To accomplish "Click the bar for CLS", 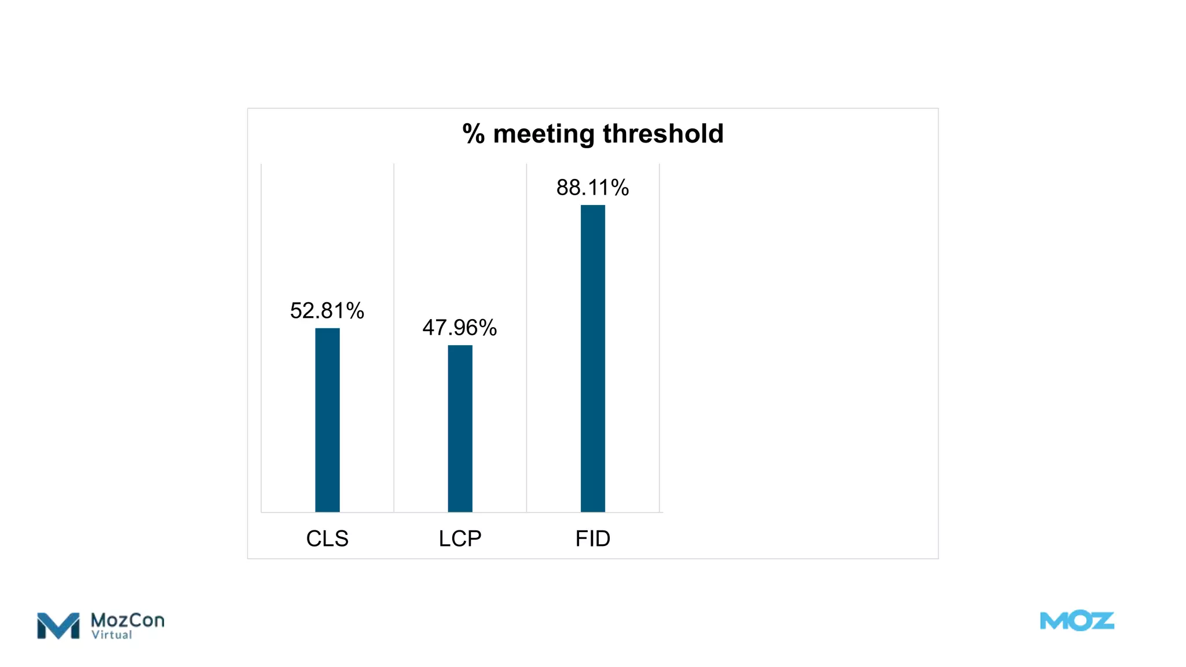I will click(x=327, y=420).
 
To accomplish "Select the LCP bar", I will click(x=460, y=428).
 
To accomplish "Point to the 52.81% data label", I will click(x=327, y=311).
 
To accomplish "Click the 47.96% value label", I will click(x=460, y=328).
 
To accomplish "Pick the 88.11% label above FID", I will click(x=592, y=188).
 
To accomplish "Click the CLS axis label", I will click(x=327, y=538).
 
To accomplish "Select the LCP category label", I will click(x=460, y=538).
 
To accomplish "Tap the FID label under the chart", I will click(x=592, y=538).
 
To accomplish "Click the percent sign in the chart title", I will click(x=473, y=134).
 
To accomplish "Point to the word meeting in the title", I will click(x=544, y=134).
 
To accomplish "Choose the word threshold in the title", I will click(x=663, y=134).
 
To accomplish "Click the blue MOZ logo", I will click(x=1077, y=621).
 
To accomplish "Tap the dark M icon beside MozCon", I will click(x=58, y=626).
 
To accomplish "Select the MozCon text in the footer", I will click(x=127, y=620).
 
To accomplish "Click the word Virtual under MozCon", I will click(x=112, y=635).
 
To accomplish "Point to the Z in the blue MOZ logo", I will click(x=1102, y=621).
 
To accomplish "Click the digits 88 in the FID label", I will click(x=568, y=188).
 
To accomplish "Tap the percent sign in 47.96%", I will click(x=488, y=328).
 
